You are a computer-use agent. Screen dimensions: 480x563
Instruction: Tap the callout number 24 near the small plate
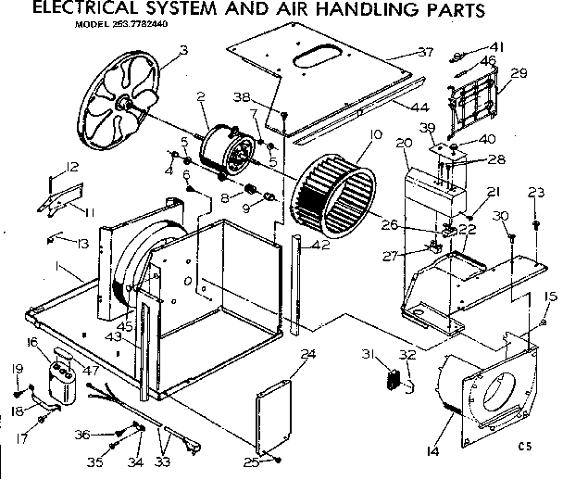(308, 353)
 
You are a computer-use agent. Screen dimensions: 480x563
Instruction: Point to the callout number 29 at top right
(519, 73)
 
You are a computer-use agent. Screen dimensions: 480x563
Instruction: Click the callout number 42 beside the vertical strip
(320, 246)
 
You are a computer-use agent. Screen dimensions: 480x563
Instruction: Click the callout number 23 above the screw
(534, 193)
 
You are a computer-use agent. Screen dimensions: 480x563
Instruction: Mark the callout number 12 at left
(72, 167)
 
